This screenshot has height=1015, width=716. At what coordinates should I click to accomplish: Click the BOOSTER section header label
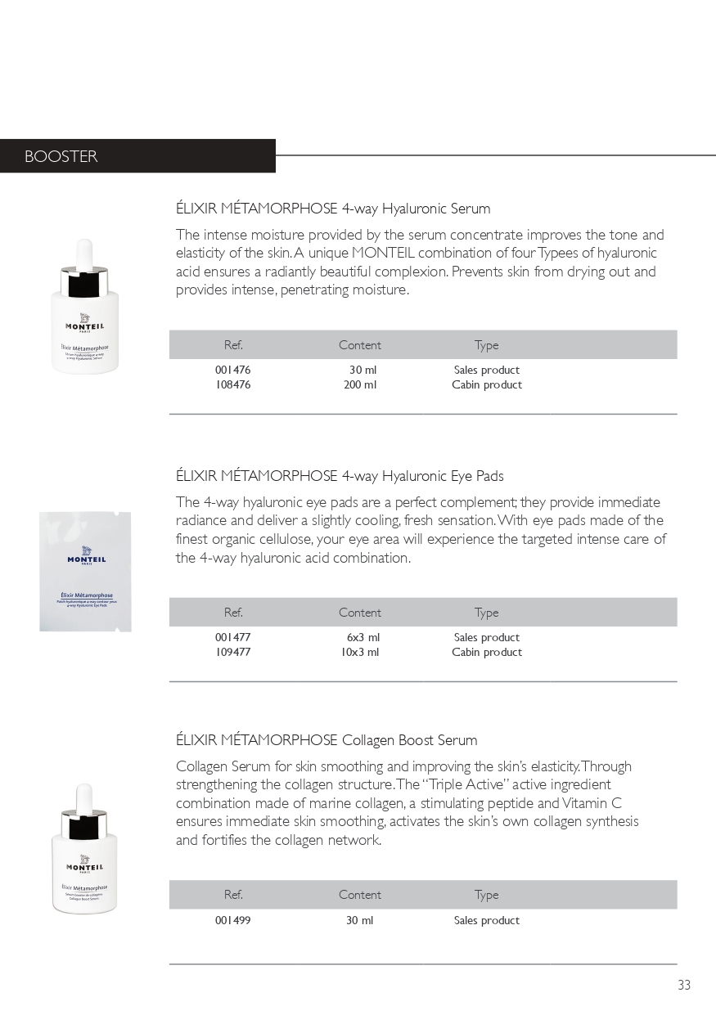pos(61,156)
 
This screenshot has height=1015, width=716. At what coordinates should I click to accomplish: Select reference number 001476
pos(233,370)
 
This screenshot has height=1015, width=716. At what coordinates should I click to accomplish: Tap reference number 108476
pos(233,384)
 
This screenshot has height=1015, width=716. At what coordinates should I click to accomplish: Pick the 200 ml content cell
pos(360,384)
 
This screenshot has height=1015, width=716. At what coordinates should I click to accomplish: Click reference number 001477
pos(233,637)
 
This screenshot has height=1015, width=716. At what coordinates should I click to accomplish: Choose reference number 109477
pos(233,652)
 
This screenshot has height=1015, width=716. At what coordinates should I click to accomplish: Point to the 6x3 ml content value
pos(363,637)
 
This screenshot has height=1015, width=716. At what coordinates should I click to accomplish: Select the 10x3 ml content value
pos(360,652)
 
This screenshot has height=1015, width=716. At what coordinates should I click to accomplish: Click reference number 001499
pos(233,920)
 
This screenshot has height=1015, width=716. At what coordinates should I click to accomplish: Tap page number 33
pos(684,985)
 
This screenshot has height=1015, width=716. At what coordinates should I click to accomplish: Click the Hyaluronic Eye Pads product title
pos(340,475)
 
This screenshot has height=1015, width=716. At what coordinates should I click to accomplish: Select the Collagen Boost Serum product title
pos(326,740)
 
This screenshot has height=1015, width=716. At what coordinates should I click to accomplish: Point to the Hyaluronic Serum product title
pos(333,209)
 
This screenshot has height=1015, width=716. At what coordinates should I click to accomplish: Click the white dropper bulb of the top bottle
pos(84,253)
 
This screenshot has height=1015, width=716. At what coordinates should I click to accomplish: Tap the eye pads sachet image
pos(85,571)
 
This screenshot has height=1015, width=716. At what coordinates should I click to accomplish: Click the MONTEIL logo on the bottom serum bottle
pos(84,865)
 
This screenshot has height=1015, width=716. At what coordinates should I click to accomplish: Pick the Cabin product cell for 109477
pos(487,652)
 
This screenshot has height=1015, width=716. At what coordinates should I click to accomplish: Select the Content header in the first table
pos(360,345)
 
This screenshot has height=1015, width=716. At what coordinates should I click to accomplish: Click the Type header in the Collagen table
pos(486,895)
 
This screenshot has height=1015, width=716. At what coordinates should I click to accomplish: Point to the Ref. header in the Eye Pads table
pos(233,613)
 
